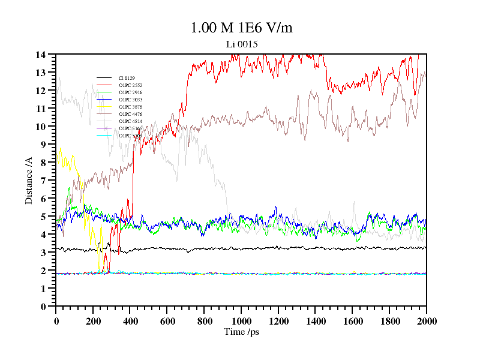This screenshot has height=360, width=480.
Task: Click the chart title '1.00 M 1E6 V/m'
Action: tap(241, 28)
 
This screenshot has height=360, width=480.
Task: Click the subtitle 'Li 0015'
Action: tap(242, 44)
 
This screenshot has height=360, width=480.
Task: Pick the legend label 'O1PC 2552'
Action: tap(130, 85)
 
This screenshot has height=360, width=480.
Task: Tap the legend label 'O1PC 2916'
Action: tap(130, 92)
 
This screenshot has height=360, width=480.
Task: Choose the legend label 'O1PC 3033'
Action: tap(130, 100)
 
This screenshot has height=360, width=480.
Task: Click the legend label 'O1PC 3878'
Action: tap(130, 107)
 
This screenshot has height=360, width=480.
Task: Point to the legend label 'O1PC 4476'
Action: tap(130, 114)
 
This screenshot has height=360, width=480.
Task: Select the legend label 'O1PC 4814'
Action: tap(130, 121)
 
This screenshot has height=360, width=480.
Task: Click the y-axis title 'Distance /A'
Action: tap(29, 181)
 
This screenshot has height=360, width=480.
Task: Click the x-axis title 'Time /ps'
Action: tap(241, 332)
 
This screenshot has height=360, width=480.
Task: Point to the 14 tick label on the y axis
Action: tap(41, 55)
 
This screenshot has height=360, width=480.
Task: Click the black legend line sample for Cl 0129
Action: tap(104, 78)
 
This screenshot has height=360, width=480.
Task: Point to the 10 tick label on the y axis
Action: tap(41, 127)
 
